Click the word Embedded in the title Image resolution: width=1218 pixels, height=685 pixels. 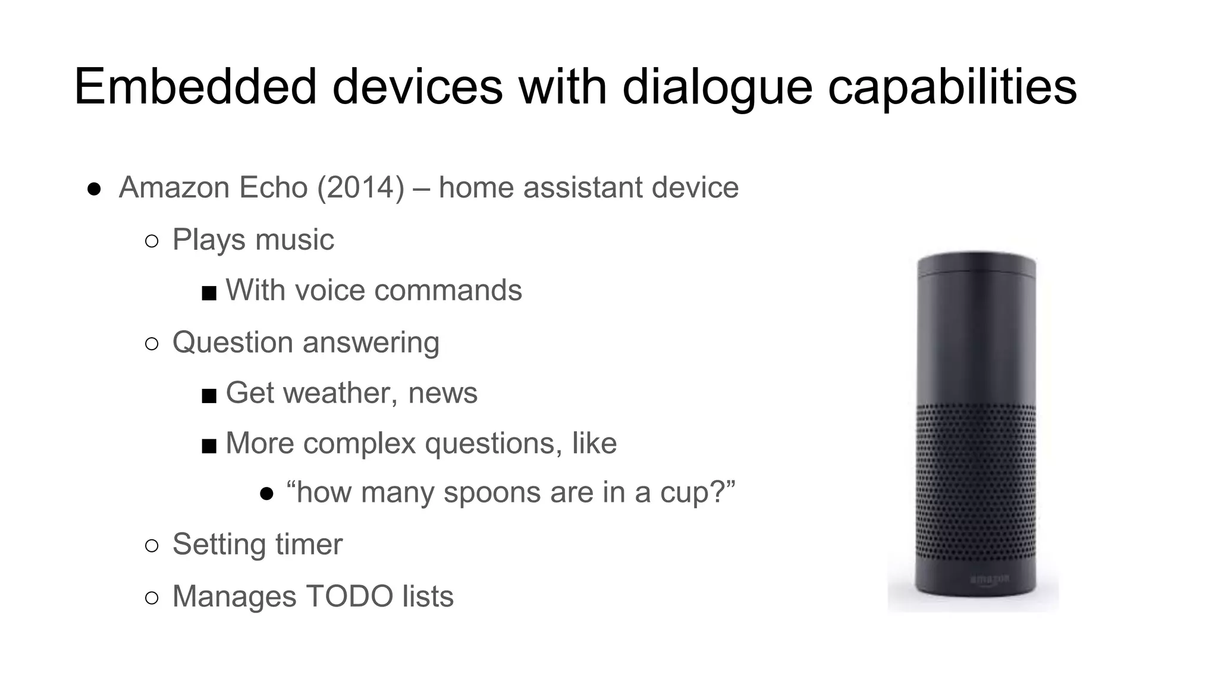195,87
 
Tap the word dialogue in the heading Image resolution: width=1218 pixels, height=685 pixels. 717,87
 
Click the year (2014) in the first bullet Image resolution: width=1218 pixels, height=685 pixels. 360,188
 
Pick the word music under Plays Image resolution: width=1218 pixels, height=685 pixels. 294,240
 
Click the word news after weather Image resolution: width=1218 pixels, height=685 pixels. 442,394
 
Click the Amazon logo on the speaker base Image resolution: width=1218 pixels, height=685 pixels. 990,579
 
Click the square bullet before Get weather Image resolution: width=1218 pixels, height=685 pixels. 209,395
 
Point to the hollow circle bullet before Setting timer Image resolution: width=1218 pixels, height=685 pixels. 152,546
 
